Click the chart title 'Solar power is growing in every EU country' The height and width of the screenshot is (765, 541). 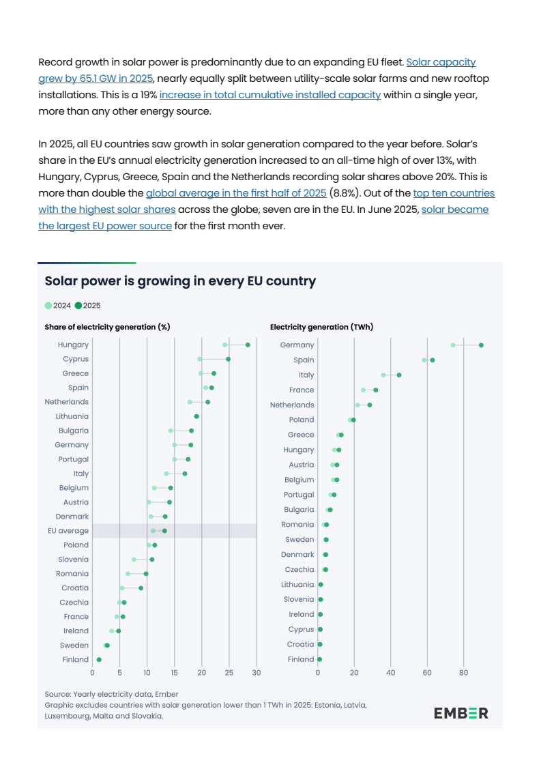pos(180,281)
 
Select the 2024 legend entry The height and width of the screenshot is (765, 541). pos(58,306)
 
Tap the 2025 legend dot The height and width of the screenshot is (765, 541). pos(78,306)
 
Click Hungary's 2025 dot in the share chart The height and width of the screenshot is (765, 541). pos(248,345)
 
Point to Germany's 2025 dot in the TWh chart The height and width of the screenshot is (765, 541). pos(481,345)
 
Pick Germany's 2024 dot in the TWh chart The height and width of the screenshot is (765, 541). pos(453,345)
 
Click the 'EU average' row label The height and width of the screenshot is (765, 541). pos(68,531)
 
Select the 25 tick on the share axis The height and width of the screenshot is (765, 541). pos(229,673)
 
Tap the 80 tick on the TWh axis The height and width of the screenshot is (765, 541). pos(463,673)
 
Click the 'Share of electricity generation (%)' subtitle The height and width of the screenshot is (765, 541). pos(107,327)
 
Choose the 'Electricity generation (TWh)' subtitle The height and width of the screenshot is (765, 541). pos(321,327)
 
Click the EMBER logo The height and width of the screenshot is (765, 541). pos(461,713)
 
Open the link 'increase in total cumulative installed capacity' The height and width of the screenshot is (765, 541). pos(269,95)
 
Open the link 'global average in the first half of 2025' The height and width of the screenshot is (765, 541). pos(236,193)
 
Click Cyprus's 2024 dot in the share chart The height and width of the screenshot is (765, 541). pos(199,359)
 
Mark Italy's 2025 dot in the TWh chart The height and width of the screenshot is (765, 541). pos(399,375)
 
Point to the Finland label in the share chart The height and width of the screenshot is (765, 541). pos(76,660)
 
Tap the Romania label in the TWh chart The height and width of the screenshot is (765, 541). pos(297,525)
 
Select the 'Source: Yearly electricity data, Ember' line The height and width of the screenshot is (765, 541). pos(111,694)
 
